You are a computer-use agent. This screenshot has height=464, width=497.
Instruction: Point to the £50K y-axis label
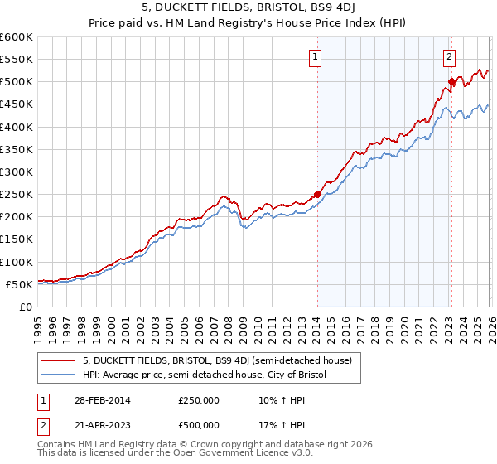(19, 284)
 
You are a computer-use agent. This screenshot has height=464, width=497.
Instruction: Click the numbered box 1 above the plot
(316, 57)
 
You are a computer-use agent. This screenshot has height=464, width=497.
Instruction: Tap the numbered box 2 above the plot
(449, 57)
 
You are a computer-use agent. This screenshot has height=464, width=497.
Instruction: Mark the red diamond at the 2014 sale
(317, 195)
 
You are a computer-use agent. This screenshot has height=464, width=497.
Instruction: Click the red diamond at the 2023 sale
(452, 82)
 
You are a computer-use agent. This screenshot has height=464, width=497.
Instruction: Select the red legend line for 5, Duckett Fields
(60, 360)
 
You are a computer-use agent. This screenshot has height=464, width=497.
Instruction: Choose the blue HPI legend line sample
(60, 375)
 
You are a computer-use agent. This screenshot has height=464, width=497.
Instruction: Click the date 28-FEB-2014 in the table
(103, 399)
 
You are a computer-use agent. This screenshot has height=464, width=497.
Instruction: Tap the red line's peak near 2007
(224, 196)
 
